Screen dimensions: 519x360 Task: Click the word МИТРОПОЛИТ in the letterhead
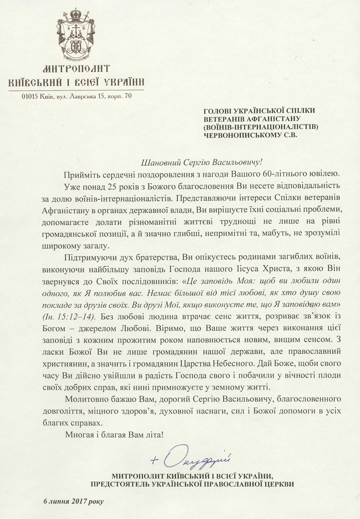pyautogui.click(x=77, y=69)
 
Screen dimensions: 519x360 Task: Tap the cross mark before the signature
pyautogui.click(x=156, y=460)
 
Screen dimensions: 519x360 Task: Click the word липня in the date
pyautogui.click(x=60, y=501)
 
